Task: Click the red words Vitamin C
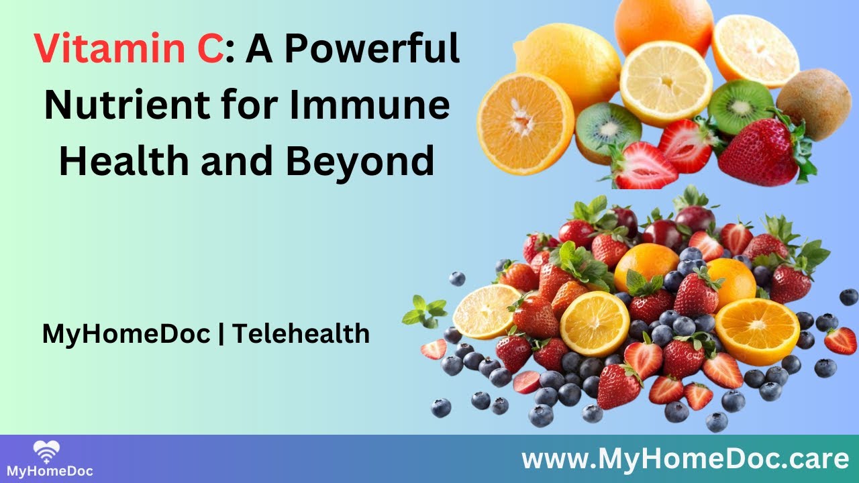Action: [x=129, y=49]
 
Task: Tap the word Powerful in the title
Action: [x=372, y=48]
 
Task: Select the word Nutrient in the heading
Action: [x=127, y=105]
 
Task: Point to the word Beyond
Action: [x=360, y=162]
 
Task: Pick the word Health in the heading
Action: [x=124, y=160]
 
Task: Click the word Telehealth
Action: [x=301, y=333]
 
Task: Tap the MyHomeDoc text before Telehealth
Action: [x=127, y=333]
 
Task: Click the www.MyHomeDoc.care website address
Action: [x=685, y=459]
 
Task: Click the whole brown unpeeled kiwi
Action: [x=814, y=103]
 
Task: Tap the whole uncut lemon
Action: [x=567, y=65]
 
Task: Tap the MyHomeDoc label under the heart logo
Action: [x=50, y=471]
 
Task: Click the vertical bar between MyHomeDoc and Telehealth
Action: [x=221, y=333]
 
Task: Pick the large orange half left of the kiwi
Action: [x=525, y=123]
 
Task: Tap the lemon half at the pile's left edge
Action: [x=487, y=311]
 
